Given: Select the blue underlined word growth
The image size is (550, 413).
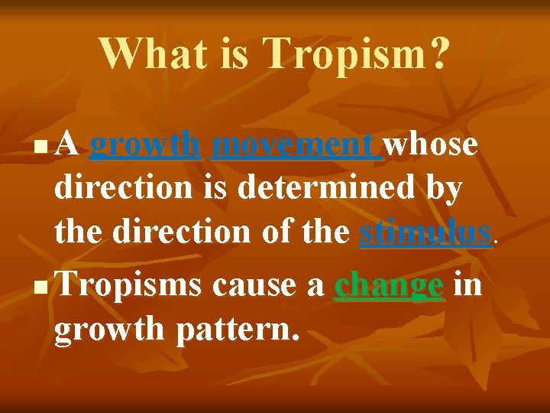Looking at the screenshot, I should [x=145, y=144].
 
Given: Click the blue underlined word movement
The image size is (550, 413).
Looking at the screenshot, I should [x=296, y=144].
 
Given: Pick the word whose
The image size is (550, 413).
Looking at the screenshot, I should [x=432, y=144].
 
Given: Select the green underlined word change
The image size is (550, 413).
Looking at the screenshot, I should [x=390, y=285].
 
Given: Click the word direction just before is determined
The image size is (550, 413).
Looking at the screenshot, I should [x=123, y=188].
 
